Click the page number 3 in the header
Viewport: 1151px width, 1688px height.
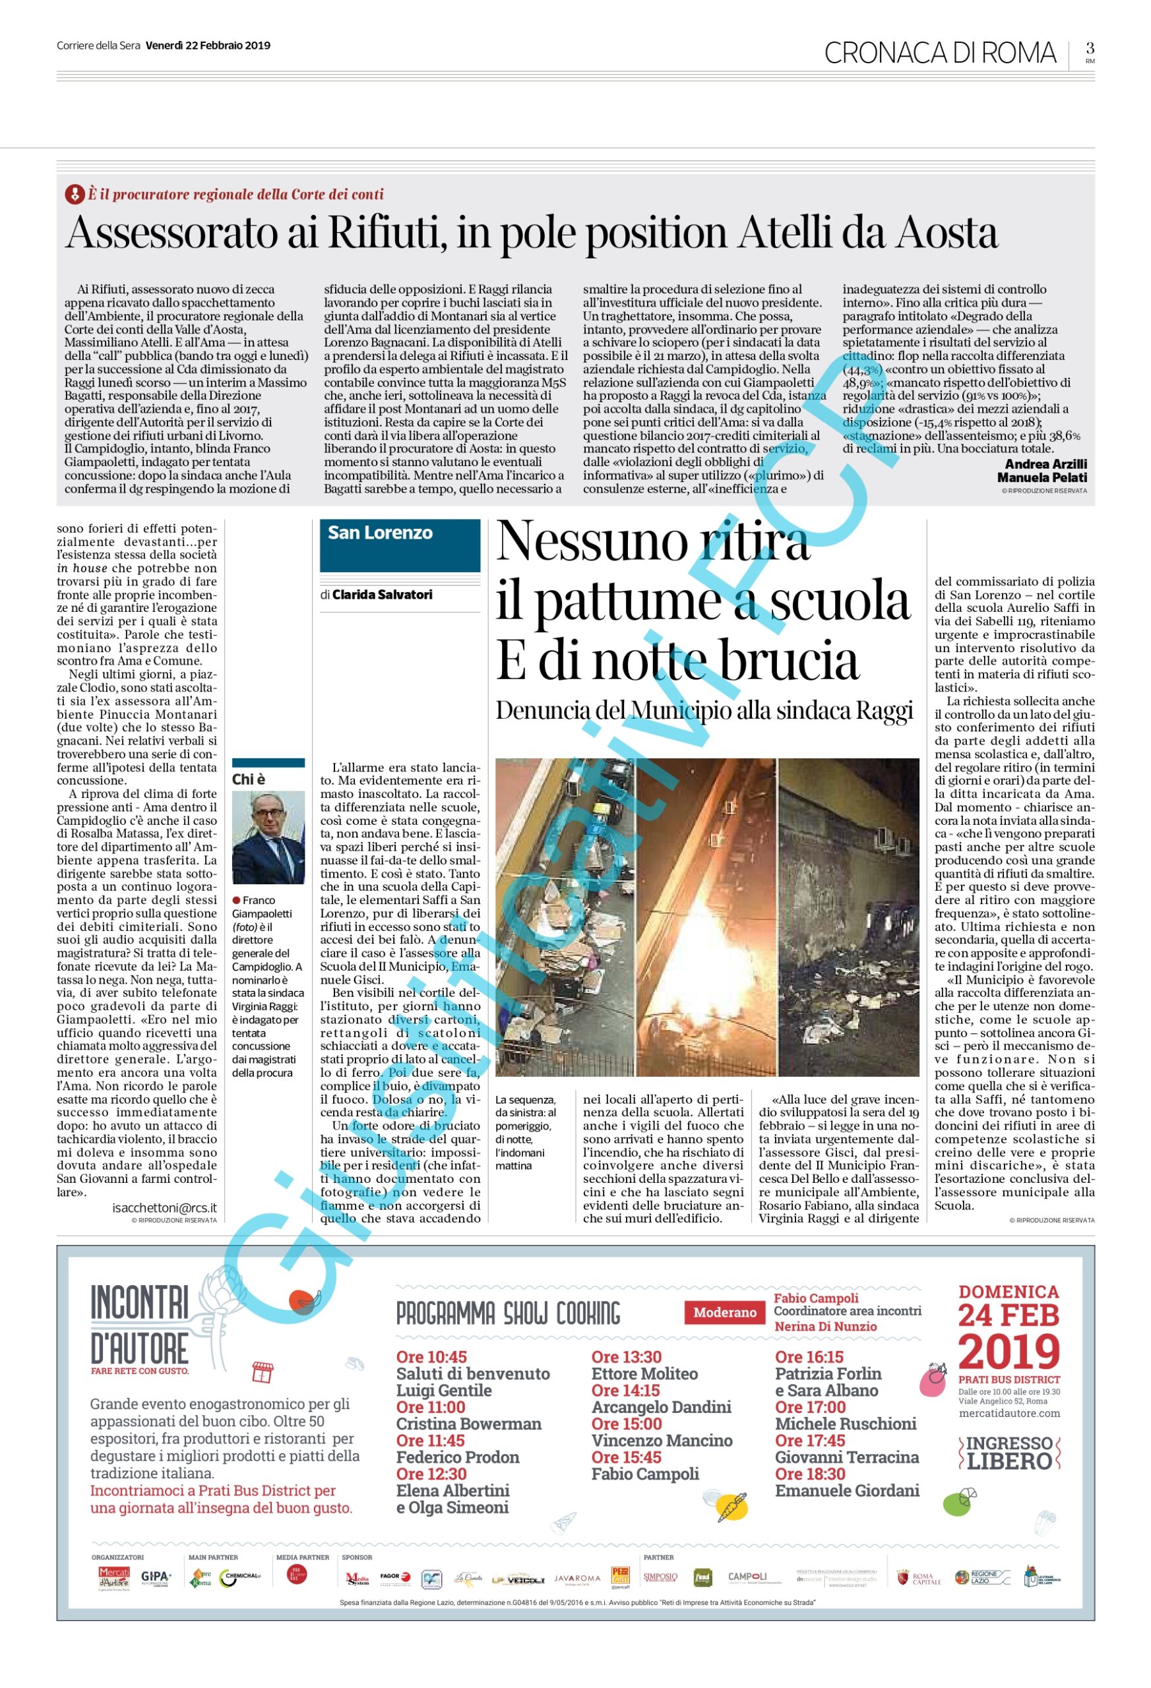click(1089, 49)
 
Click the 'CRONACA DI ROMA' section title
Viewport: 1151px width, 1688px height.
click(939, 53)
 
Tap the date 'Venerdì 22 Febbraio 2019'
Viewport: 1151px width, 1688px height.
click(208, 45)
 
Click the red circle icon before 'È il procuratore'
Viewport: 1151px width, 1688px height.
click(74, 194)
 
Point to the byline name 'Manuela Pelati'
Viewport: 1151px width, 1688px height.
click(1042, 477)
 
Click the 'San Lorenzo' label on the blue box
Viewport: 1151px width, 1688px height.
click(380, 533)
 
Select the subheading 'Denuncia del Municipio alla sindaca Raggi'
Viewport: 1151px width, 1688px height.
click(703, 710)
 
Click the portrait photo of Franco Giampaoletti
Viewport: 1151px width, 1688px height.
click(268, 837)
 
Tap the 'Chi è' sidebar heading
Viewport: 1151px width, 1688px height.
click(249, 779)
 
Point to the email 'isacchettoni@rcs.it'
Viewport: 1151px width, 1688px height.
click(164, 1207)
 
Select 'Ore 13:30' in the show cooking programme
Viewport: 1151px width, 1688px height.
click(626, 1357)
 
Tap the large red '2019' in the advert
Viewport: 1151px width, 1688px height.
click(1009, 1351)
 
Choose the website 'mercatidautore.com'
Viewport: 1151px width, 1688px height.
click(1009, 1413)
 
